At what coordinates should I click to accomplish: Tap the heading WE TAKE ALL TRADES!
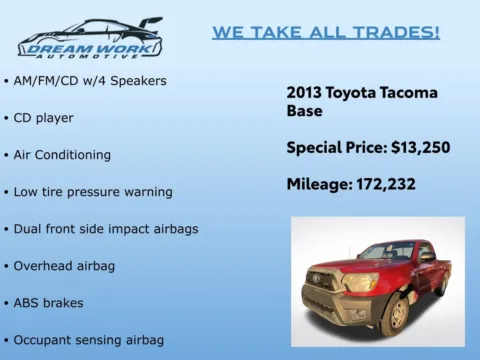pyautogui.click(x=325, y=32)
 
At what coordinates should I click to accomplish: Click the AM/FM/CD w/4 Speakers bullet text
pyautogui.click(x=90, y=80)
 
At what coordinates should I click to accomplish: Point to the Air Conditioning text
pyautogui.click(x=62, y=155)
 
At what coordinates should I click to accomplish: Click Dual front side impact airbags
pyautogui.click(x=106, y=228)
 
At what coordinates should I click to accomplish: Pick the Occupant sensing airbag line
pyautogui.click(x=89, y=339)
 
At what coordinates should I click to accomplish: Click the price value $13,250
pyautogui.click(x=420, y=148)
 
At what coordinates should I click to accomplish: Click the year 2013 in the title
pyautogui.click(x=304, y=92)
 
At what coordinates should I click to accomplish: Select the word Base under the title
pyautogui.click(x=304, y=111)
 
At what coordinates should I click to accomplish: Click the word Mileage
pyautogui.click(x=318, y=184)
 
